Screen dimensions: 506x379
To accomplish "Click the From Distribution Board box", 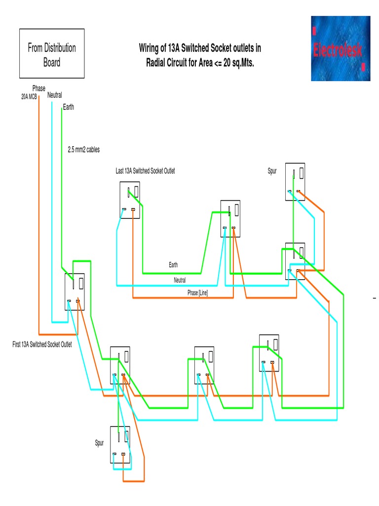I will (52, 54).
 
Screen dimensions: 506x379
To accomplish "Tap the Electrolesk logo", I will (340, 48).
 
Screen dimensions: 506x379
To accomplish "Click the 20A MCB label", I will (29, 97).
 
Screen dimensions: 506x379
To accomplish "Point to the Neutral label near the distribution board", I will (54, 95).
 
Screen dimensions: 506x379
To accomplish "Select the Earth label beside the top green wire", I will (68, 107).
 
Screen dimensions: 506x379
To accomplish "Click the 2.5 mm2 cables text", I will (87, 149).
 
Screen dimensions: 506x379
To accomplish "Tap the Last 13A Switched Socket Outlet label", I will (145, 171).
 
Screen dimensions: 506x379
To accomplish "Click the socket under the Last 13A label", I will (130, 200).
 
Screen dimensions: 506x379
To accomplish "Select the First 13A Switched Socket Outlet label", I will (42, 344).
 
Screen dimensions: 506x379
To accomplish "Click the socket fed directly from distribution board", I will (75, 292).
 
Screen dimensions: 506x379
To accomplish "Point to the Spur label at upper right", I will (272, 171).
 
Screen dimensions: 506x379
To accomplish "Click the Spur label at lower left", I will (100, 443).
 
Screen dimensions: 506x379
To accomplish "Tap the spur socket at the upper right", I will (295, 182).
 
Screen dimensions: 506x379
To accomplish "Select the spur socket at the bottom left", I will (120, 444).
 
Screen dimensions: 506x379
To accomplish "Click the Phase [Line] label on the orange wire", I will (197, 293).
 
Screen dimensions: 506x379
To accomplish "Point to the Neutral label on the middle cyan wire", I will (180, 280).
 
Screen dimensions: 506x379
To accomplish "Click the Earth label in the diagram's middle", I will (173, 265).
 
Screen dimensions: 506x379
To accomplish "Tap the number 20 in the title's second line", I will (227, 63).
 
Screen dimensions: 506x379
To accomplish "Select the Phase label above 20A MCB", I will (38, 88).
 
